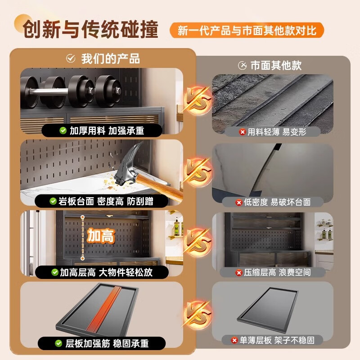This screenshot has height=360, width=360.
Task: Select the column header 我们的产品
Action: click(x=103, y=58)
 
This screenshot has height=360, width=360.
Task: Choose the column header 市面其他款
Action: click(x=270, y=66)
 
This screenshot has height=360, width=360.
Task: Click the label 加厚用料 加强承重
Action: click(x=103, y=130)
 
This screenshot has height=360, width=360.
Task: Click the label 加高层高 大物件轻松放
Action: click(x=102, y=272)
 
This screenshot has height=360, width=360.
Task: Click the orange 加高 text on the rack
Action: click(x=101, y=236)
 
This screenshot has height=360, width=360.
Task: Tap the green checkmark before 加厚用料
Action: click(x=63, y=130)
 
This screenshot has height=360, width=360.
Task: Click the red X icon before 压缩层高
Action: click(x=239, y=272)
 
